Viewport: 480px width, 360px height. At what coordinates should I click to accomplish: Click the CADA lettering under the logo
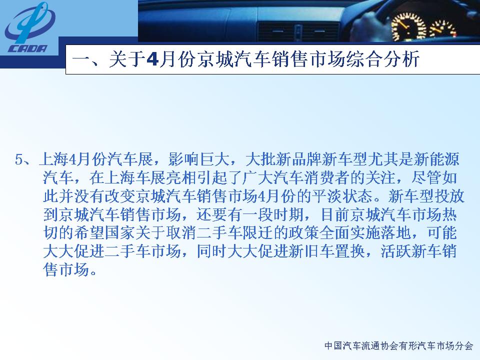click(28, 48)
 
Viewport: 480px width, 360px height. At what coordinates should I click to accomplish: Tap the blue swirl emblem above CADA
click(29, 22)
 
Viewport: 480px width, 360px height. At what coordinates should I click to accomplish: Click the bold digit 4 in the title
click(152, 59)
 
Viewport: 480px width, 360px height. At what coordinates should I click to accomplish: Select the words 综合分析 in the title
click(382, 59)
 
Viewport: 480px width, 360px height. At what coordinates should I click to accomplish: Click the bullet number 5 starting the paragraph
click(19, 159)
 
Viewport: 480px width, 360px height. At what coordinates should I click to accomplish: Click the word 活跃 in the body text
click(396, 251)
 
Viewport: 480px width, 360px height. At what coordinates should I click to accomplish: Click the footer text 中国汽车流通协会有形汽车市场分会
click(398, 345)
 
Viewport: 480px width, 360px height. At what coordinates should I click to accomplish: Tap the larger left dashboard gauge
click(408, 27)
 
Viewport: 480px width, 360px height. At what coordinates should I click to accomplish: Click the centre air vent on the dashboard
click(298, 32)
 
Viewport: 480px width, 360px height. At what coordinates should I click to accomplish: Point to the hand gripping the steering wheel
click(370, 25)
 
